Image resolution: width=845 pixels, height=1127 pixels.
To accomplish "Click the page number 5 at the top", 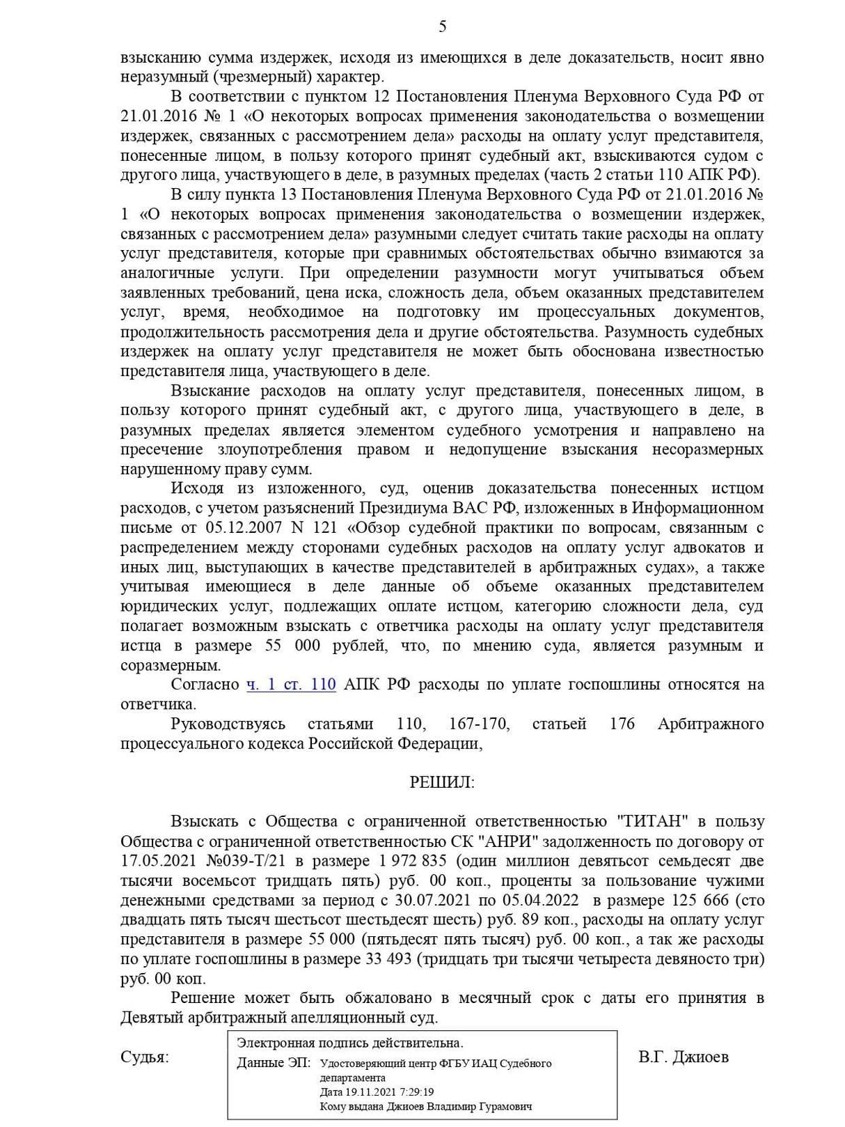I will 443,27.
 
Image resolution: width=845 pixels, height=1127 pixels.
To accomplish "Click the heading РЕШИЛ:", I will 441,782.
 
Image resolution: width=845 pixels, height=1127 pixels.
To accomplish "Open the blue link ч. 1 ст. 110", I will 291,684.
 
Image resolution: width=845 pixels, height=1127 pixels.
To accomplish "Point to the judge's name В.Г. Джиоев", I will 683,1057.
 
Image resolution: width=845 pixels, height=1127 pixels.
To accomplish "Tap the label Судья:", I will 144,1057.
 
